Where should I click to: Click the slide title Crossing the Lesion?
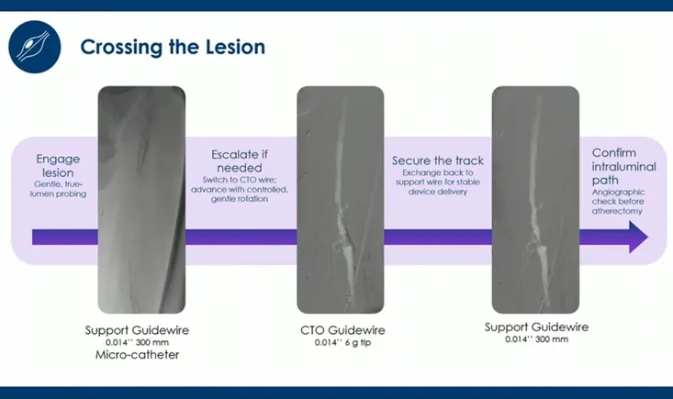pyautogui.click(x=172, y=47)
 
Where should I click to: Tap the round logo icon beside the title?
pyautogui.click(x=35, y=46)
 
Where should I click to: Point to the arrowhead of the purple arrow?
pyautogui.click(x=638, y=238)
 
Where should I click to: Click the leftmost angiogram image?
pyautogui.click(x=141, y=199)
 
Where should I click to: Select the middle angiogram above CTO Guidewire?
pyautogui.click(x=339, y=199)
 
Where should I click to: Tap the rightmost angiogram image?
pyautogui.click(x=534, y=199)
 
